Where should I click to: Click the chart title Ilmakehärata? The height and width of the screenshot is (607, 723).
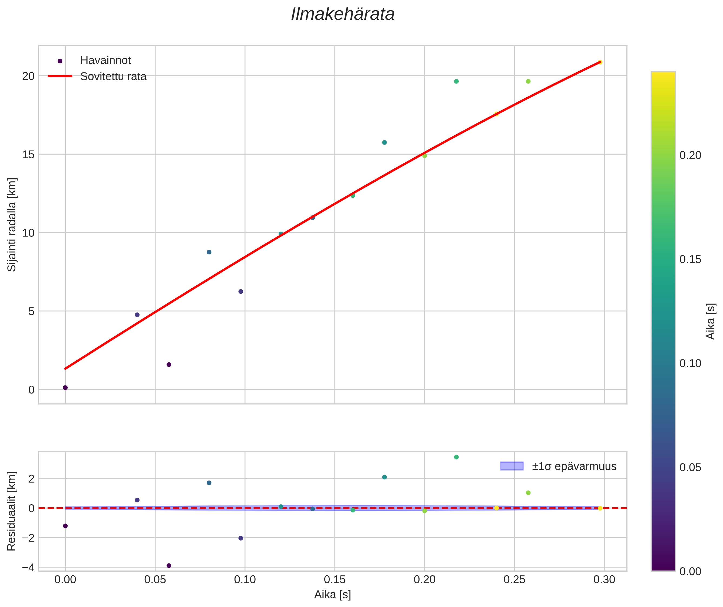(x=342, y=14)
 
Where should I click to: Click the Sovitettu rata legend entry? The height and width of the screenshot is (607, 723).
(x=113, y=76)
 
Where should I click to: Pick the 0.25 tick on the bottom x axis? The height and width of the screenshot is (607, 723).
(x=514, y=579)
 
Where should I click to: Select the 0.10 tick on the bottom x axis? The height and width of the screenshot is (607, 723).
(x=245, y=579)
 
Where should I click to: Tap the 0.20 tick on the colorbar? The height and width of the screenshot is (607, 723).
(x=690, y=155)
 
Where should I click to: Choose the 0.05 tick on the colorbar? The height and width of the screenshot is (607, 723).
(x=690, y=467)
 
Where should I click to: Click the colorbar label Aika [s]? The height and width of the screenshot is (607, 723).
(x=710, y=321)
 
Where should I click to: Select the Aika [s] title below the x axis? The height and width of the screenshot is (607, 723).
(x=332, y=595)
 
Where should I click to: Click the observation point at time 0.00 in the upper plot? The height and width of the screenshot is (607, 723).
(x=65, y=388)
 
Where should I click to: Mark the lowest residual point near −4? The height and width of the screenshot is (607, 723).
(x=169, y=565)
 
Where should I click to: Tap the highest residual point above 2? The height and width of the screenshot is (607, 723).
(x=456, y=457)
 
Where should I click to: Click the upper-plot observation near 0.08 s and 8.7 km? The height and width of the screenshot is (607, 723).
(x=209, y=252)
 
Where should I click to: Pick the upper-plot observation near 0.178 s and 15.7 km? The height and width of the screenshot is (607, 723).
(x=384, y=142)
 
